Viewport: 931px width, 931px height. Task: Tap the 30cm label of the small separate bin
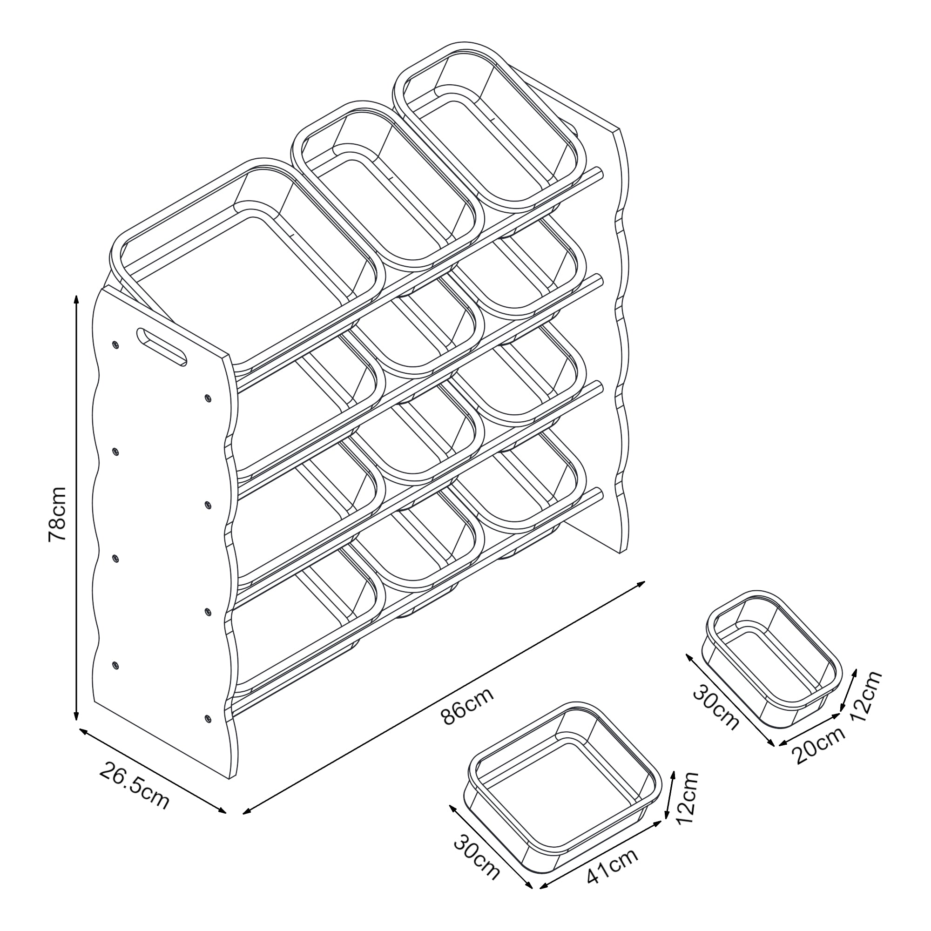pos(716,708)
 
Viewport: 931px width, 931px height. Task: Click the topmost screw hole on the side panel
pos(115,344)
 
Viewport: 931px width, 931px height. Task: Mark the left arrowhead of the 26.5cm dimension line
pos(82,731)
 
